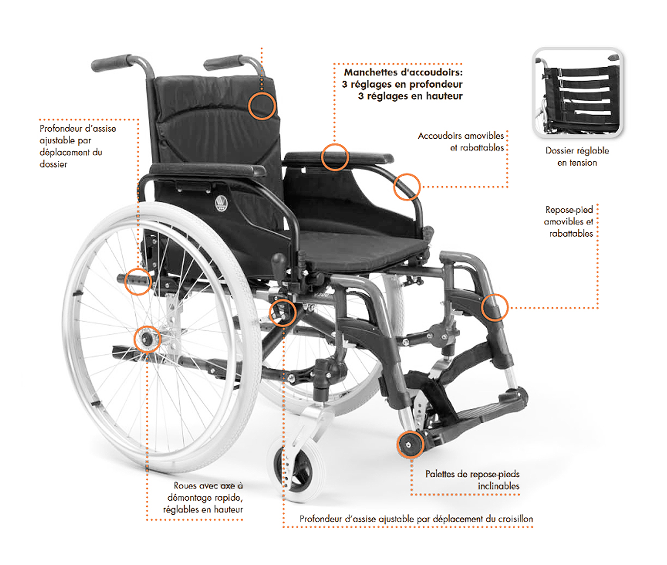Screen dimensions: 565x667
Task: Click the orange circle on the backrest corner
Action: (262, 106)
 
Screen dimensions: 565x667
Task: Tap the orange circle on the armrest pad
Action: (335, 157)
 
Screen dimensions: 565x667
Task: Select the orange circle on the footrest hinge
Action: (495, 307)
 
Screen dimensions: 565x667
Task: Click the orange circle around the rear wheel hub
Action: (148, 340)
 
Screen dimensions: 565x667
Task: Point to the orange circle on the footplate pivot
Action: (410, 444)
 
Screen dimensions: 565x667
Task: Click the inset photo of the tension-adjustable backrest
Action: (577, 93)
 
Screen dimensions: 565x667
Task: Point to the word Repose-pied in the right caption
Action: (569, 210)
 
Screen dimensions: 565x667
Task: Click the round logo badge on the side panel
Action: (221, 203)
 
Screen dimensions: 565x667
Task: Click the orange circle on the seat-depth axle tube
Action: (138, 281)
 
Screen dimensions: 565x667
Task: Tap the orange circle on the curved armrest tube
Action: (406, 186)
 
